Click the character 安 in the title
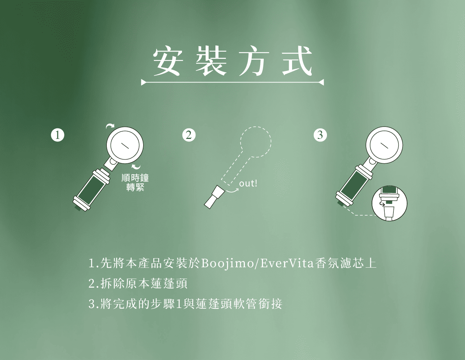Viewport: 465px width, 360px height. coord(168,62)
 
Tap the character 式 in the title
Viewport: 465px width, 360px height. coord(296,61)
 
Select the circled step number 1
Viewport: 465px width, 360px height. coord(57,135)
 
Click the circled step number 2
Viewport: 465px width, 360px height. coord(189,135)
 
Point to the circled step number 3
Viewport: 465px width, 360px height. coord(320,135)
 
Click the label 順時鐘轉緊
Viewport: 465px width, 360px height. coord(135,183)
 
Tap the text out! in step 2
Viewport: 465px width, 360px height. coord(248,184)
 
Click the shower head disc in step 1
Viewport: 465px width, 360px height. coord(125,145)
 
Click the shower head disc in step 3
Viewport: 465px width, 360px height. coord(384,145)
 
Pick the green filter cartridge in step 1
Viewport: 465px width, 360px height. coord(92,190)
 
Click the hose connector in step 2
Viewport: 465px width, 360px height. coord(214,197)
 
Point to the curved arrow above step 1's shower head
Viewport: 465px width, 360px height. coord(110,125)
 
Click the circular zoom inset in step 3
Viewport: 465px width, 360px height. coord(389,203)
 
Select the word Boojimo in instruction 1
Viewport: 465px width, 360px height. coord(227,263)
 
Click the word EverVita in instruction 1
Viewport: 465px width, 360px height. coord(287,263)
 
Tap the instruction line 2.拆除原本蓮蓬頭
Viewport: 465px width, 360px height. coord(138,284)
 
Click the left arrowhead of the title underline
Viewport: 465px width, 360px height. coord(143,82)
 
